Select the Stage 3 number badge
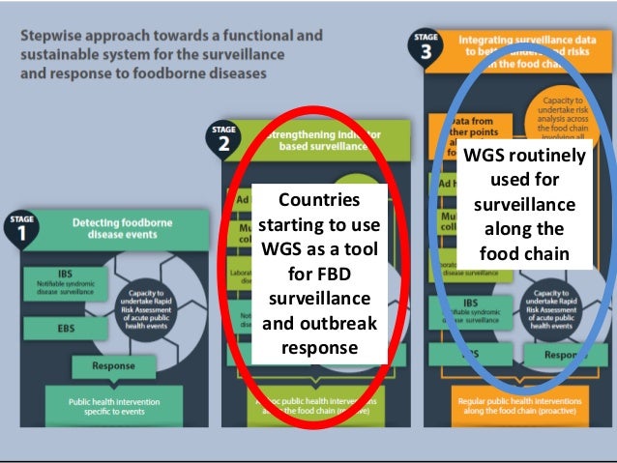pyautogui.click(x=423, y=46)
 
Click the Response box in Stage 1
pyautogui.click(x=113, y=366)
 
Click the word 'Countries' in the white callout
pyautogui.click(x=317, y=200)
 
